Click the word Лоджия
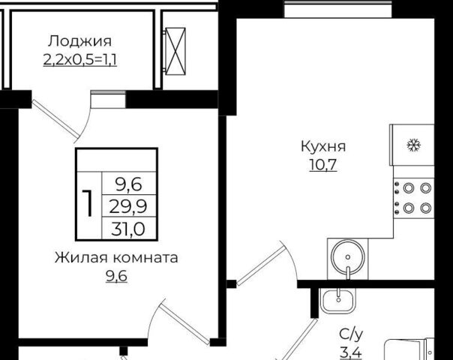tap(79, 41)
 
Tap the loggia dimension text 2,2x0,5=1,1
tap(80, 60)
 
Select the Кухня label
tap(323, 146)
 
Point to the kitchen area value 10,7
tap(323, 165)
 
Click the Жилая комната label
tap(116, 258)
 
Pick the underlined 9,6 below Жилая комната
tap(116, 277)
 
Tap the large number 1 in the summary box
tap(88, 203)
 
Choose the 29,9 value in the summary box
tap(128, 206)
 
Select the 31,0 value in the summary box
tap(128, 229)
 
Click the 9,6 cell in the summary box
tap(128, 184)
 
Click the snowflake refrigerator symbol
tap(414, 145)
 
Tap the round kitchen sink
tap(348, 256)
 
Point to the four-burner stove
tap(414, 198)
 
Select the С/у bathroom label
tap(351, 334)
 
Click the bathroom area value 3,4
tap(351, 352)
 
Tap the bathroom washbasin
tap(338, 301)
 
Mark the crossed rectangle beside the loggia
tap(175, 51)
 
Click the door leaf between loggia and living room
tap(55, 119)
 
